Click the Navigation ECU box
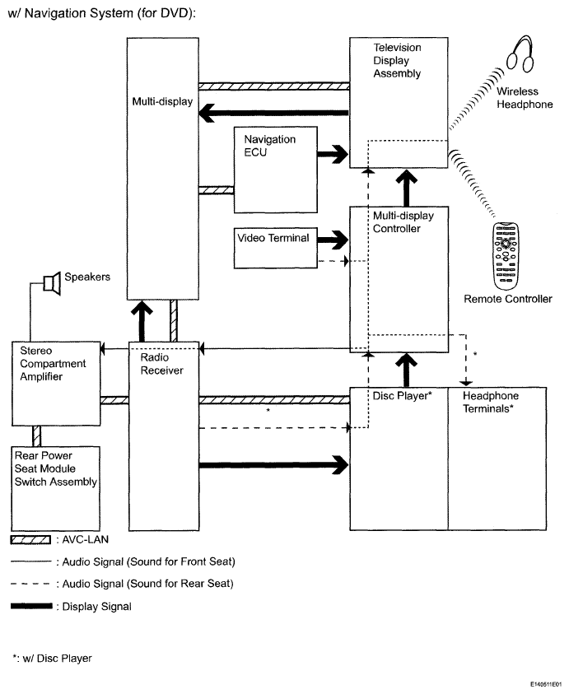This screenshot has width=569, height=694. pos(275,170)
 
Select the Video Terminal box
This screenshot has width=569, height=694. pos(275,248)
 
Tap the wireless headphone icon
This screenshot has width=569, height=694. pos(520,54)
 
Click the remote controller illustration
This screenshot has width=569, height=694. pos(506,256)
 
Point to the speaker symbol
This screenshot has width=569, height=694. pos(52,283)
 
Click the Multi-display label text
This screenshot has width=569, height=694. pos(162,101)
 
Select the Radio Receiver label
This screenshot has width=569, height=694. pos(161,364)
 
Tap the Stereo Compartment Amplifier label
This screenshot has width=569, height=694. pos(53,363)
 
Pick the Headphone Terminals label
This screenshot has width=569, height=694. pos(491,402)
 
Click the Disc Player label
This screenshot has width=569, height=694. pos(402,396)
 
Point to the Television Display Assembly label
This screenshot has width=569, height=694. pos(397,60)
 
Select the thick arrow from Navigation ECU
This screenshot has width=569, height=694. pos(333,154)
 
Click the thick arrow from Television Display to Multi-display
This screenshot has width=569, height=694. pos(274,113)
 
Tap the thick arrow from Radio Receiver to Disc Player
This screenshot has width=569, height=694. pos(274,465)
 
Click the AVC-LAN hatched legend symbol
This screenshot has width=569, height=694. pos(30,540)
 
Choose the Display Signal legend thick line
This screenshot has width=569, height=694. pos(31,606)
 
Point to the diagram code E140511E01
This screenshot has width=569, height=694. pos(546,684)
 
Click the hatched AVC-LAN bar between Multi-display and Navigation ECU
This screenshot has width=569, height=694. pos(216,190)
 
